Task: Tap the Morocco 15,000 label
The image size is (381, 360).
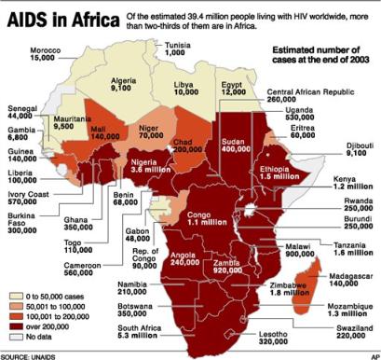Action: tap(28, 52)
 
